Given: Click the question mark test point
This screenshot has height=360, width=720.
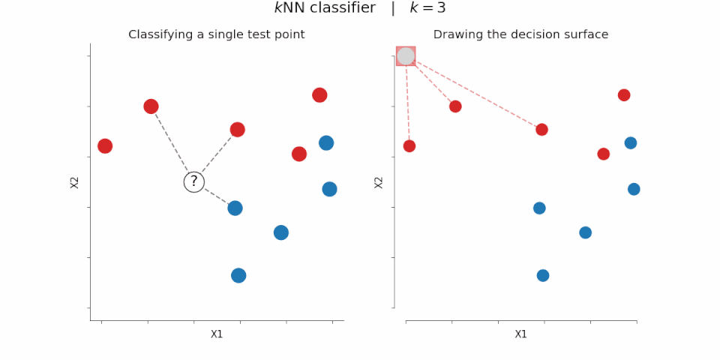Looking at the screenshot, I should (194, 181).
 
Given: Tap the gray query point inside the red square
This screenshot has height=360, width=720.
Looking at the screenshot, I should (406, 56).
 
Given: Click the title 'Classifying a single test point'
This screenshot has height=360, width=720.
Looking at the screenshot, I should (216, 34).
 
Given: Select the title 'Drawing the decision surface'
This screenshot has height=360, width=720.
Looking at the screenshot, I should (520, 34).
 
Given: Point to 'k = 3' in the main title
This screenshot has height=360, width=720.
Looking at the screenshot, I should (427, 8).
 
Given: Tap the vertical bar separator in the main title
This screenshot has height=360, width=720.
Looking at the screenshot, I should (392, 8).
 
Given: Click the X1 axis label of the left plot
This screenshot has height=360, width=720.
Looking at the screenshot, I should (217, 334).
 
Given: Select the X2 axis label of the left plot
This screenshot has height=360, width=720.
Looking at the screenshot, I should (75, 181).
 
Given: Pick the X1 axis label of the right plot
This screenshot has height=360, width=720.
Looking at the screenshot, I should (520, 334).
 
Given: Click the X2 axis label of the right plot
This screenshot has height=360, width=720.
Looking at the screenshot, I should (379, 181).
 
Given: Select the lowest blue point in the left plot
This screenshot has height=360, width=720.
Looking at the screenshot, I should (238, 275).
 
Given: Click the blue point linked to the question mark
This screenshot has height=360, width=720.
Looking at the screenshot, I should (235, 208).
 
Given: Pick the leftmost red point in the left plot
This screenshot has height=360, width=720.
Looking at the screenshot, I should (105, 145).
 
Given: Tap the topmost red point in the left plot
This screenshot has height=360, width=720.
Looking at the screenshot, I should (319, 94).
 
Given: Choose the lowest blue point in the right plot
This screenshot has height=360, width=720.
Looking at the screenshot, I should (543, 275).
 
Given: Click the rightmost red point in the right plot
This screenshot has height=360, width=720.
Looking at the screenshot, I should (624, 94).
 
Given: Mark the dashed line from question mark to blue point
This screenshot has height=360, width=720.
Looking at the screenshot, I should (215, 195).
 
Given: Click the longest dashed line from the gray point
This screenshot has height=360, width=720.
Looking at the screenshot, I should (474, 93).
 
